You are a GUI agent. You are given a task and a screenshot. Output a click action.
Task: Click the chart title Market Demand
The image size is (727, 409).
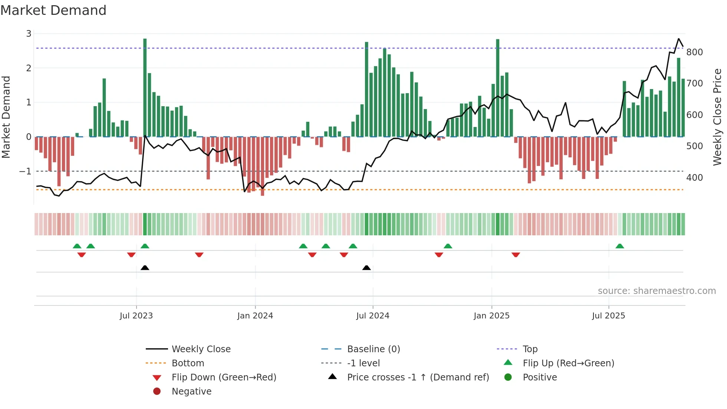(53, 10)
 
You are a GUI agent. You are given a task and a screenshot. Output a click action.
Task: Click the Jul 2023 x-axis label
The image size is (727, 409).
(136, 316)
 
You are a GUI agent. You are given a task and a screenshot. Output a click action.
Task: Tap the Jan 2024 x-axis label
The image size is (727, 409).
(255, 316)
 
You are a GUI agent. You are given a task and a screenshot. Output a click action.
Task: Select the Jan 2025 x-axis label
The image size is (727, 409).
(491, 316)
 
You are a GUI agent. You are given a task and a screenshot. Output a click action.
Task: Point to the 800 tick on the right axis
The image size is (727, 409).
(694, 52)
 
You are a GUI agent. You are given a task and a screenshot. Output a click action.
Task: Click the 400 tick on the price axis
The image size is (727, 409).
(694, 178)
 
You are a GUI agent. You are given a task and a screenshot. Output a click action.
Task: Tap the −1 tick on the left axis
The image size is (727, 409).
(25, 171)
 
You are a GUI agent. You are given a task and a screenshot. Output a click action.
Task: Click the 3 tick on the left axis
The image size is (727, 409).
(29, 34)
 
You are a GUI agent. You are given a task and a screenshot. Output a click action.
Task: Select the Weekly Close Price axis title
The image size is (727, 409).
(717, 117)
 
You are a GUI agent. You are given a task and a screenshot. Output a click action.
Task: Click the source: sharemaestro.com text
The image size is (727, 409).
(657, 291)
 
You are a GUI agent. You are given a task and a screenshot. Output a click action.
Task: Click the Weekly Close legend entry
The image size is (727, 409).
(201, 349)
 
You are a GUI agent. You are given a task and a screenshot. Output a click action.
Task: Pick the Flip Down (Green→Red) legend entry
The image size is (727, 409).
(224, 377)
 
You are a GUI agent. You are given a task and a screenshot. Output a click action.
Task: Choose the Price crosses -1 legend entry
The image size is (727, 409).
(418, 377)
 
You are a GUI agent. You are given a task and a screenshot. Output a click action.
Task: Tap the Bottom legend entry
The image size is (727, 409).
(188, 363)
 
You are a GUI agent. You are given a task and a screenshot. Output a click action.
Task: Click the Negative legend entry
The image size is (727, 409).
(191, 392)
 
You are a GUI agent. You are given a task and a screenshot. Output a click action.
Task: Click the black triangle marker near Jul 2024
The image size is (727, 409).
(366, 268)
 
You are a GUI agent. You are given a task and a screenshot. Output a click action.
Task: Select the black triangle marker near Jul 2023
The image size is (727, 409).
(145, 268)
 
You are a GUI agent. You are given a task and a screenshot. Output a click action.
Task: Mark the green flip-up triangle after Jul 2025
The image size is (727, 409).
(620, 246)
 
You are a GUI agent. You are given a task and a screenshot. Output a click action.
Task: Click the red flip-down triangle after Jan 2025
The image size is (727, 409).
(516, 255)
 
